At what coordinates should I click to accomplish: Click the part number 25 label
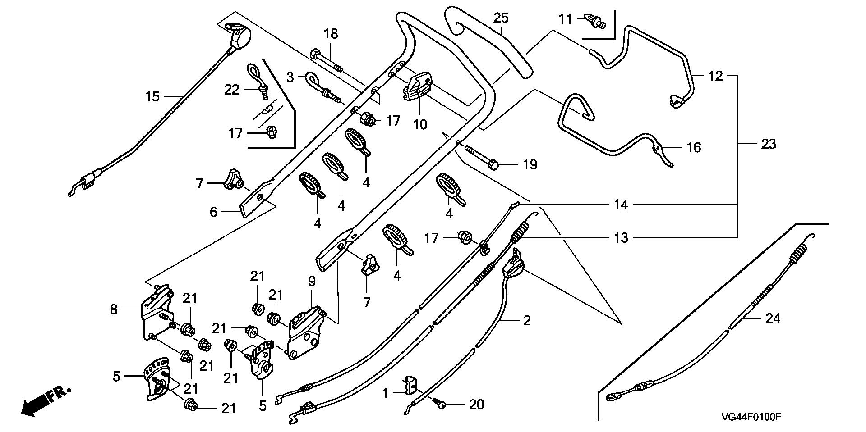501,18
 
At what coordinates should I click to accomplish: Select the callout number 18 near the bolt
331,34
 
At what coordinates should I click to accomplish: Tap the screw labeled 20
440,404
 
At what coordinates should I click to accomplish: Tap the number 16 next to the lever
694,147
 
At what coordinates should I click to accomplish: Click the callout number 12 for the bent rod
715,76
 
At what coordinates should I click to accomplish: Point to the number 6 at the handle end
213,212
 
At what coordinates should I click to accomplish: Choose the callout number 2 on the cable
526,321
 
